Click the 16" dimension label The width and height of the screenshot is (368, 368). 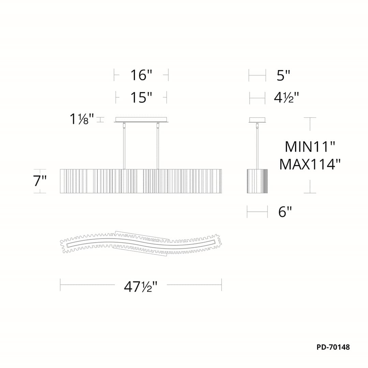[141, 75]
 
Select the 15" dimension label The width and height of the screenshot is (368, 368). [141, 97]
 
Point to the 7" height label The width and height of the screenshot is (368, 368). [40, 181]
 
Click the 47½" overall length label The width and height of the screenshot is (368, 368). [140, 287]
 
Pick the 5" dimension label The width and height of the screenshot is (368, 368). [283, 75]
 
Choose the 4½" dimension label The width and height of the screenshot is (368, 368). [286, 98]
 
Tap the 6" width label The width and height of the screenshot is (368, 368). [285, 212]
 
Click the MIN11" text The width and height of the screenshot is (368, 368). [310, 147]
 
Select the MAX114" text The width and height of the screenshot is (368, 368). [310, 165]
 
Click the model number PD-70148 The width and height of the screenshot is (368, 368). [333, 347]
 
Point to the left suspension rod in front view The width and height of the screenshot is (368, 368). [124, 147]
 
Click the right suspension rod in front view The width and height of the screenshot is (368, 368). [157, 147]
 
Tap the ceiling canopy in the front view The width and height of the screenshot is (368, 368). [141, 120]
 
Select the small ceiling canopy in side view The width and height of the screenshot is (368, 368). [257, 120]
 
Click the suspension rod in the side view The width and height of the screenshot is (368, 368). [257, 147]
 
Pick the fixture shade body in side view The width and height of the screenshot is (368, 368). [257, 181]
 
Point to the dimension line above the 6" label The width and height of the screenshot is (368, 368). [257, 212]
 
